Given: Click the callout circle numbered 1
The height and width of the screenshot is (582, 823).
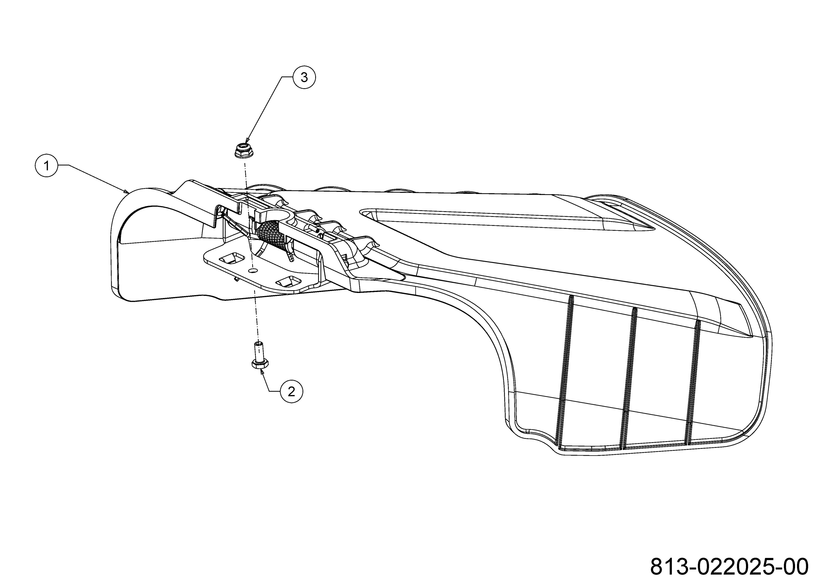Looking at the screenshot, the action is [x=46, y=166].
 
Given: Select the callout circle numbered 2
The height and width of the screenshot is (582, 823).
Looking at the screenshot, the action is [x=291, y=391].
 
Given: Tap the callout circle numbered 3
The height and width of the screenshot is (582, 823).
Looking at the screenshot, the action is [x=304, y=77].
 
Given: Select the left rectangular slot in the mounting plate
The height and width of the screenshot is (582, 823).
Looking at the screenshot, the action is [x=231, y=258].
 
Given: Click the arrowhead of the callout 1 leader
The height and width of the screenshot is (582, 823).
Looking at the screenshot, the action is [x=126, y=191].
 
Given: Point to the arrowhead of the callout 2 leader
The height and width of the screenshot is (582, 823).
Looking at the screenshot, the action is [x=263, y=372].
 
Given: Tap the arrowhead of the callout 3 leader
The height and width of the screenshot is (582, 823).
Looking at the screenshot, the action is [x=247, y=141].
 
